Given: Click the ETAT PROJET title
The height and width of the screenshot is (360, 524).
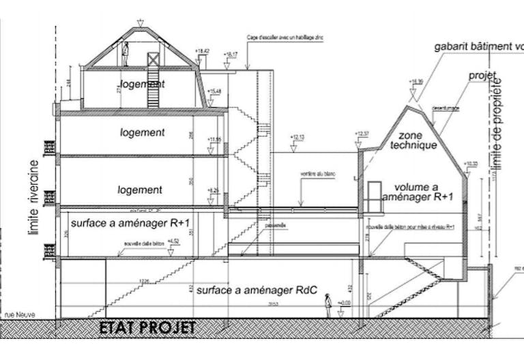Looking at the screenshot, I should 147,328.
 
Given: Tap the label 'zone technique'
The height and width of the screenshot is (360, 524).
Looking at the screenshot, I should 418,140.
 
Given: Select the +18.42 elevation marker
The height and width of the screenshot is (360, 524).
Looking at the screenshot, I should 202,51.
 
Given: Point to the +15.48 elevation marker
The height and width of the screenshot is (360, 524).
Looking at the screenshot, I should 215,91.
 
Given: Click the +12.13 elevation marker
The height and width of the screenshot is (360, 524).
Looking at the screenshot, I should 297,138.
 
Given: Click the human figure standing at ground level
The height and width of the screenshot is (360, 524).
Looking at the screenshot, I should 328,305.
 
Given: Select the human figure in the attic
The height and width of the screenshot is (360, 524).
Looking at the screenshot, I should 126,55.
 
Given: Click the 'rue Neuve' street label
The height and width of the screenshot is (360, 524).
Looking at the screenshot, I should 18,315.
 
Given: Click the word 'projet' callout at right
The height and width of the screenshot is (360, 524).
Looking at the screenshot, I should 482,75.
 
